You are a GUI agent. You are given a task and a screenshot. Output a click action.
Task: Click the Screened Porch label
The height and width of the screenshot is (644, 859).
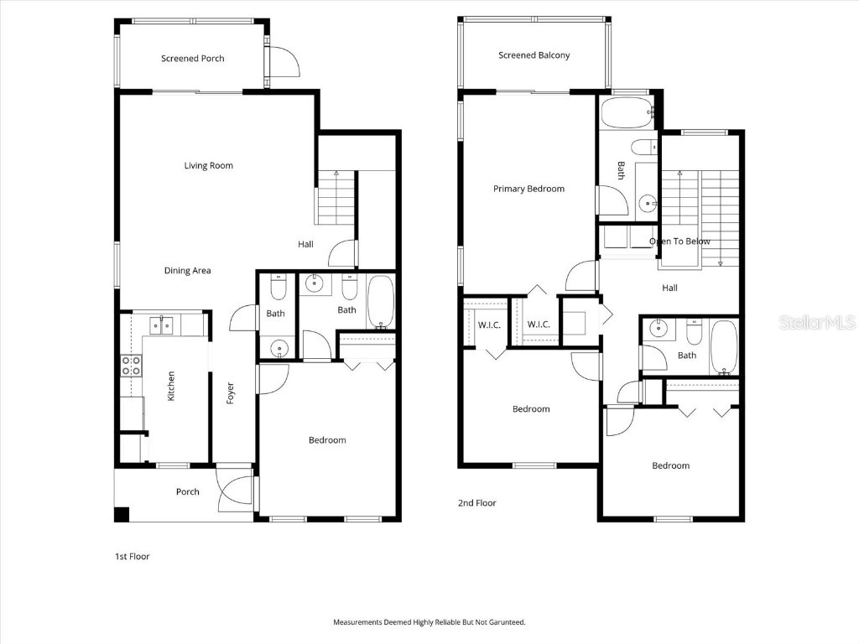coord(192,59)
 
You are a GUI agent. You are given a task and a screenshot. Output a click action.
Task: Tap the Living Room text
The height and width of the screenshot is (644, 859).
coord(208,166)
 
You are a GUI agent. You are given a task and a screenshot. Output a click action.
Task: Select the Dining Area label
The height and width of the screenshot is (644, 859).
coord(187,271)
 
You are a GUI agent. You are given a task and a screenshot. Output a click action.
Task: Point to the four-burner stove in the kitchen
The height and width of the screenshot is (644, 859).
coord(131,365)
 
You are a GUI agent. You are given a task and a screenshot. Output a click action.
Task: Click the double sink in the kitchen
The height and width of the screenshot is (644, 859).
coord(160,324)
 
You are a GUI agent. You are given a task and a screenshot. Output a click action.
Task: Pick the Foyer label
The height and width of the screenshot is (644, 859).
coord(230,393)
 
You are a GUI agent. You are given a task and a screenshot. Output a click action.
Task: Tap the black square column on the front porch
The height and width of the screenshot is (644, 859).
coord(122,515)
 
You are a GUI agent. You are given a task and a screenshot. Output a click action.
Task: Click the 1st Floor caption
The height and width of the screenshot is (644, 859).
coord(132,556)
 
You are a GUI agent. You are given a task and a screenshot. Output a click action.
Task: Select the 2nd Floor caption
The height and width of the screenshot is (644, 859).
coord(476,503)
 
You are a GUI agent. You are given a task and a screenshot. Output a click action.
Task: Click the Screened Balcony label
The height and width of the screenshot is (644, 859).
coord(534,55)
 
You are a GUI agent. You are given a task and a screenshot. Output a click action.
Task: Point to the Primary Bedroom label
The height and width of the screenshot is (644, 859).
coord(528,189)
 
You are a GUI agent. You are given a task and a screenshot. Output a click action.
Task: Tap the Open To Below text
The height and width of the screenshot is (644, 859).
coord(679,241)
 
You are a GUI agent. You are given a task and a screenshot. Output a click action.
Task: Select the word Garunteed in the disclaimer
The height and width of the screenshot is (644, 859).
coord(504,622)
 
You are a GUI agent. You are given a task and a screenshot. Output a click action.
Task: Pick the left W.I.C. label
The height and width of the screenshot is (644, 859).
coord(488,325)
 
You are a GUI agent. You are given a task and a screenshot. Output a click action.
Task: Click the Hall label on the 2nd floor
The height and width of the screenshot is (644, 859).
coord(669,288)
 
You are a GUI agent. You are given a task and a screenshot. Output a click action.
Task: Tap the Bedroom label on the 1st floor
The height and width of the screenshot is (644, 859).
coord(326,440)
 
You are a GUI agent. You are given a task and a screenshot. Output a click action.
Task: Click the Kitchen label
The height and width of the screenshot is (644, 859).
coord(171,386)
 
